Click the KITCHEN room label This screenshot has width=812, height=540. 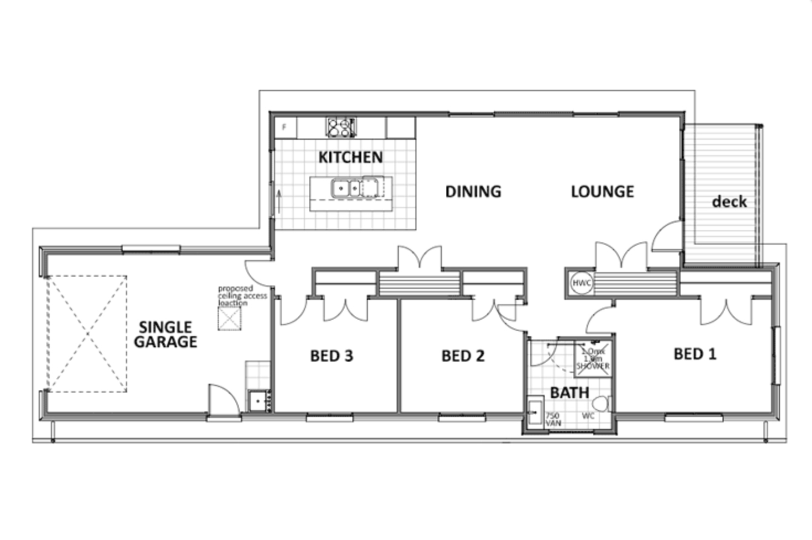coord(350,157)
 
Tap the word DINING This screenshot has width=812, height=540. coord(473,192)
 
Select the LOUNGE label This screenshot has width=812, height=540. coord(602,192)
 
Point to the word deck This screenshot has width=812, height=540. coord(729,202)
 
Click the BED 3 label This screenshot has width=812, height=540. coord(331,356)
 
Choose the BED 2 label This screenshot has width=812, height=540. coord(463,356)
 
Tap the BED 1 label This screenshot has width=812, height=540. coord(694,353)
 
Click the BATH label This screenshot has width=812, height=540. coord(569,393)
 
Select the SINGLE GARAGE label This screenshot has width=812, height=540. coord(165,335)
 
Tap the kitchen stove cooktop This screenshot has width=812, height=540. coord(340,128)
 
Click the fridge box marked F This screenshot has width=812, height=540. coord(284,128)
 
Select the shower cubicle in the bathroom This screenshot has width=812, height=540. coord(593,359)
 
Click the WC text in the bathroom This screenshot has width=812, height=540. coord(588,416)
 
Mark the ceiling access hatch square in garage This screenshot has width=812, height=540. coord(229,319)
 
